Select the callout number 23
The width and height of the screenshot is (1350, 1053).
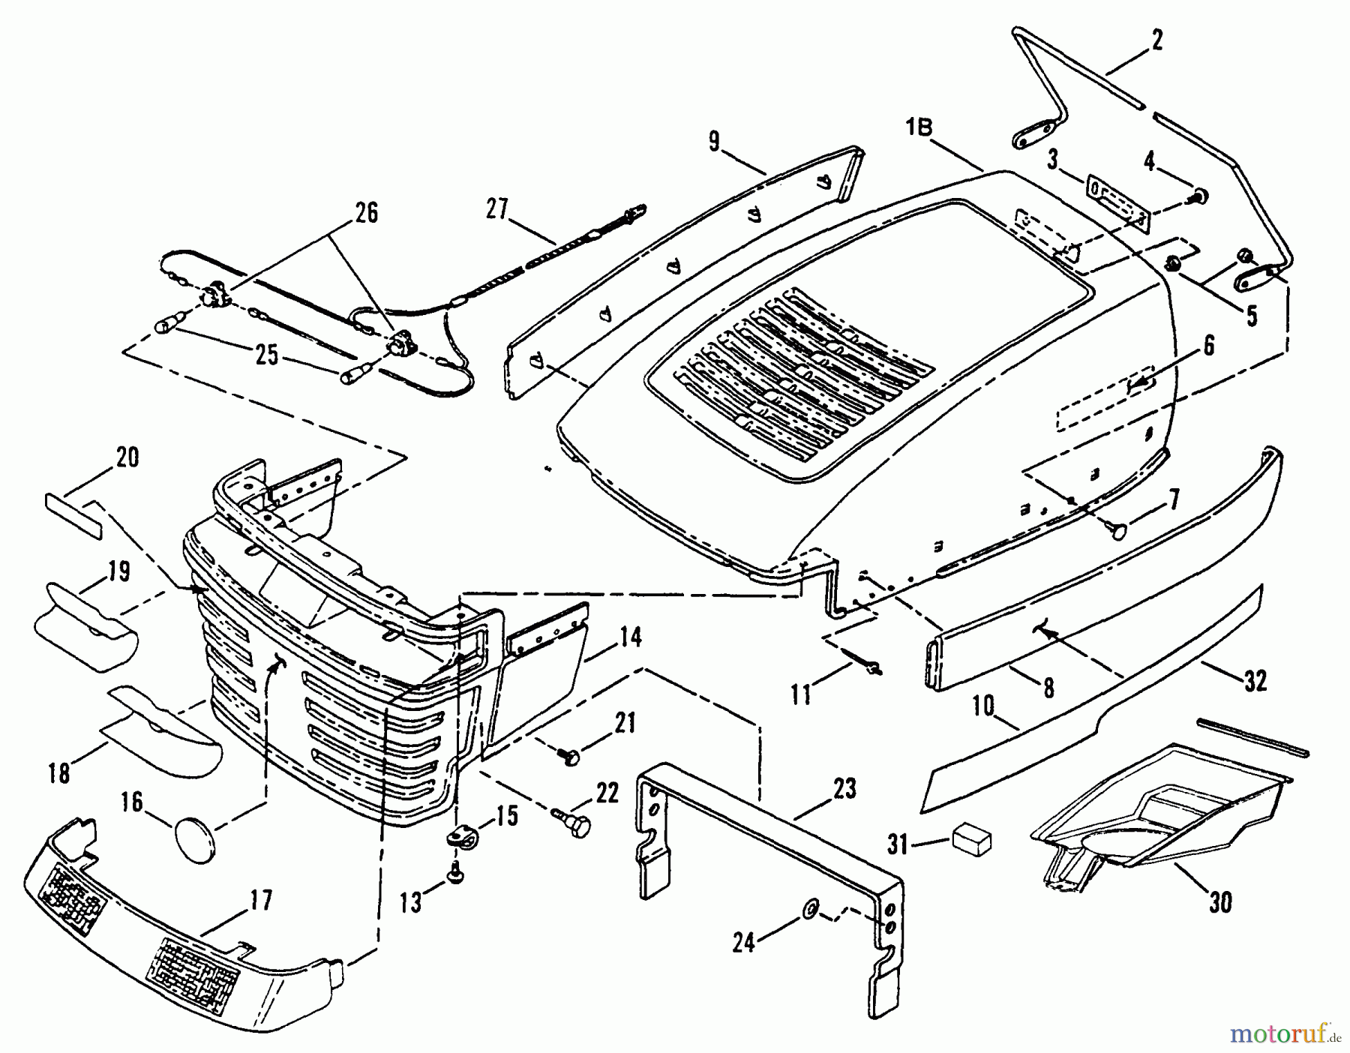(x=844, y=789)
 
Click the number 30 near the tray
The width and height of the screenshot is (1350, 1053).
(x=1220, y=903)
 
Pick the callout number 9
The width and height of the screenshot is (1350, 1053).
(x=713, y=142)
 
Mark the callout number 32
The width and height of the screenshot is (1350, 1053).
(x=1254, y=680)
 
